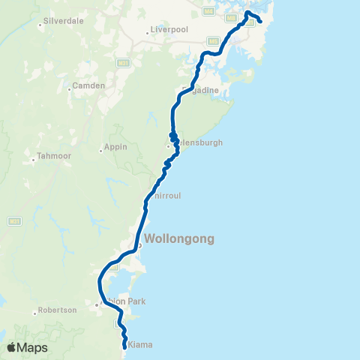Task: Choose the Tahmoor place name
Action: click(52, 157)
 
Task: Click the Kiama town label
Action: click(140, 344)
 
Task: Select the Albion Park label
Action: click(123, 301)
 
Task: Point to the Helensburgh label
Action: click(199, 142)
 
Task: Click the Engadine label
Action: click(201, 91)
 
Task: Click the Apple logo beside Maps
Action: click(10, 348)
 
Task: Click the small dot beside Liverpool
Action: click(148, 33)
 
